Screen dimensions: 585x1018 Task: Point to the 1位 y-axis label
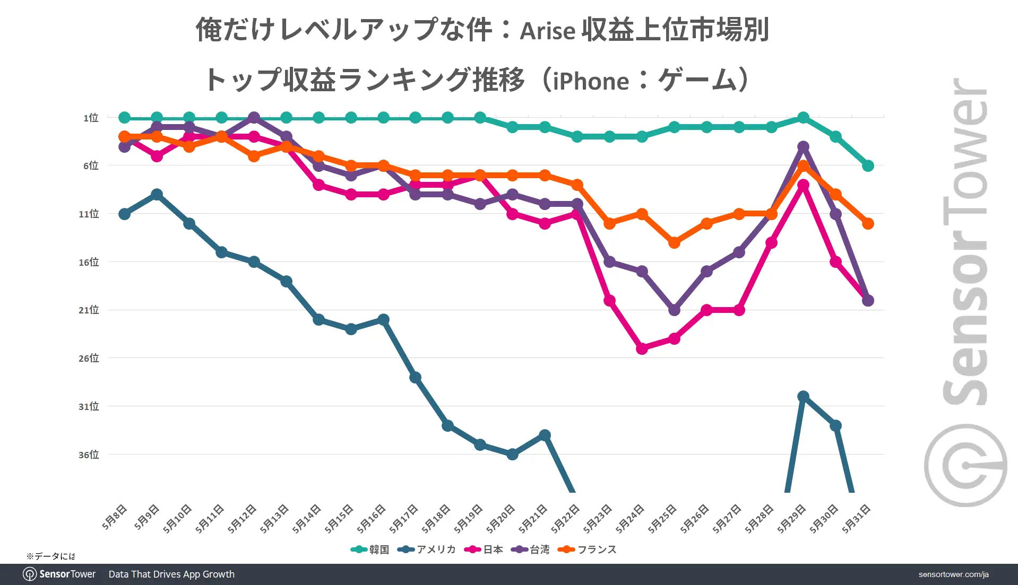[91, 118]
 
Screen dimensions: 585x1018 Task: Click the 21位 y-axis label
[89, 310]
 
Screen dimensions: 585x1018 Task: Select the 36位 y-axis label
[89, 455]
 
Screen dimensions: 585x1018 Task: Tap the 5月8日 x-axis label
[115, 517]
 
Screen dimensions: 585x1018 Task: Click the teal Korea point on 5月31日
[868, 166]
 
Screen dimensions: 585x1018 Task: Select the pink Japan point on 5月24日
[642, 348]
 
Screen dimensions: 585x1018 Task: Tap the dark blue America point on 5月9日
[157, 195]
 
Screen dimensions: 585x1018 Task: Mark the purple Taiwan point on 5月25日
[674, 310]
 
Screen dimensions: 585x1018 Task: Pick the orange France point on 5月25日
[674, 243]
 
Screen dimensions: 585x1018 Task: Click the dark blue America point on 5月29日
[803, 397]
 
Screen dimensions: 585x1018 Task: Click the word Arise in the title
[547, 31]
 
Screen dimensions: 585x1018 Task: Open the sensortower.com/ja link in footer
[953, 574]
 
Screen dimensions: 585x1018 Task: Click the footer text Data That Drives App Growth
[171, 574]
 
